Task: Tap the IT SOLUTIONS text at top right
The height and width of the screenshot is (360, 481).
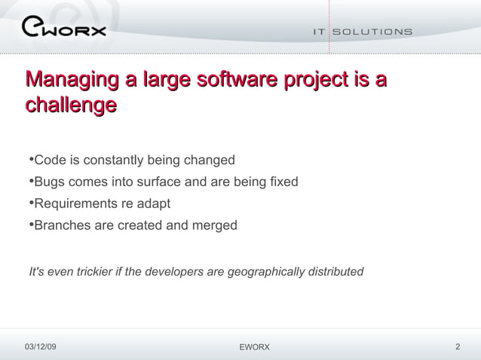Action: pos(363,32)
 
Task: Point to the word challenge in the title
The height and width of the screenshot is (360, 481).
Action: pos(71,104)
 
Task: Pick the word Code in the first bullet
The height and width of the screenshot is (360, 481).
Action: pos(49,160)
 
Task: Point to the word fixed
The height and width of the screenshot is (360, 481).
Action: pos(283,182)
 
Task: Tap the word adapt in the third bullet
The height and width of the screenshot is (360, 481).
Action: pos(155,203)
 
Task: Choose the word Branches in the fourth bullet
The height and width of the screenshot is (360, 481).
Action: pos(63,225)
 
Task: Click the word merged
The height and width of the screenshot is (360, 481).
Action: pos(215,225)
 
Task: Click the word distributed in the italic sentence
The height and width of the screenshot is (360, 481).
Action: pos(336,271)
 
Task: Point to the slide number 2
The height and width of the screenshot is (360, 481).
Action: pos(458,346)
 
